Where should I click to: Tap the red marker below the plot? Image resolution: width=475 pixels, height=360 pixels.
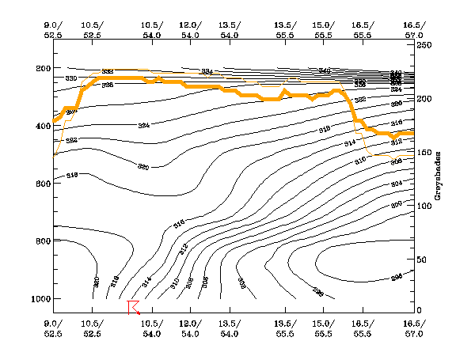point(132,306)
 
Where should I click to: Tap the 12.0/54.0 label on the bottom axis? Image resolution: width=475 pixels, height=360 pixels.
point(190,329)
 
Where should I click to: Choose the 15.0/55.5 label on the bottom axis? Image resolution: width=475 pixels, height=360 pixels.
point(323,329)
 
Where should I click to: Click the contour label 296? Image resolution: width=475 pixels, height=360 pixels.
point(397,277)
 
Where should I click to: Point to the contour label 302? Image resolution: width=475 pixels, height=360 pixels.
point(241,280)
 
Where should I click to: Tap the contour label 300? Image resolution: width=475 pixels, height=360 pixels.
point(397,204)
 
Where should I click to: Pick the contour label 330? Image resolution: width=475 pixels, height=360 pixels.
point(71,79)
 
